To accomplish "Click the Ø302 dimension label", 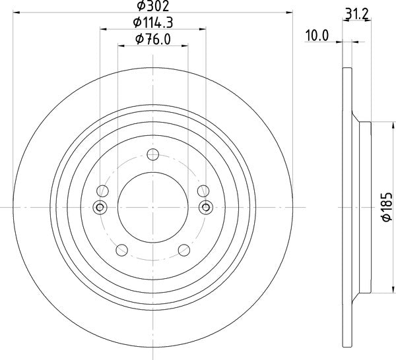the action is pyautogui.click(x=153, y=6).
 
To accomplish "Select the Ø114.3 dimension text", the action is pyautogui.click(x=153, y=22).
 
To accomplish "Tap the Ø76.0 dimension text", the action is pyautogui.click(x=153, y=39).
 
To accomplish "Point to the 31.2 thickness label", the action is pyautogui.click(x=357, y=14).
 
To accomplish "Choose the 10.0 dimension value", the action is pyautogui.click(x=317, y=36).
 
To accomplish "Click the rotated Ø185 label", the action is pyautogui.click(x=387, y=207).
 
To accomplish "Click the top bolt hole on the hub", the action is pyautogui.click(x=153, y=154).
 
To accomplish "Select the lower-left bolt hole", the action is pyautogui.click(x=121, y=250).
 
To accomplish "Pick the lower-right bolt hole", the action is pyautogui.click(x=184, y=250).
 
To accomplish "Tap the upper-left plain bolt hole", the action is pyautogui.click(x=102, y=191).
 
